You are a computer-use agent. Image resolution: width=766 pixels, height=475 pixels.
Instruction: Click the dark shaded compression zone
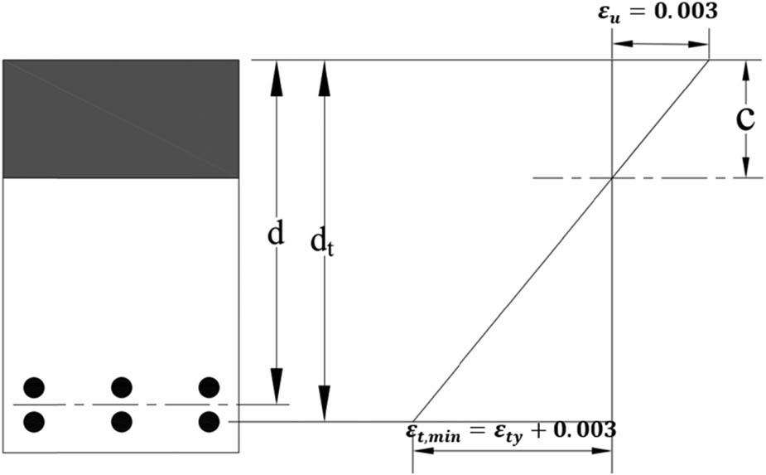[121, 119]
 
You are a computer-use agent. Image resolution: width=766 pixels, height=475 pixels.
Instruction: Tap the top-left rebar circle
[34, 387]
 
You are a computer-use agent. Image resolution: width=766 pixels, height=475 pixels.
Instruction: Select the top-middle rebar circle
[122, 387]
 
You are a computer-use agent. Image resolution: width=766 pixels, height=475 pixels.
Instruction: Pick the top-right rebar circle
[209, 387]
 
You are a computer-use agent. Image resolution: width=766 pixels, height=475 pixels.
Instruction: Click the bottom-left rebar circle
[34, 422]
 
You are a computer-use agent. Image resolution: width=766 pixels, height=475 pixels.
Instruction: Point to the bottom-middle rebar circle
[122, 422]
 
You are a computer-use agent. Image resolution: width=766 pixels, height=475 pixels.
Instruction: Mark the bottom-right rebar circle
[209, 422]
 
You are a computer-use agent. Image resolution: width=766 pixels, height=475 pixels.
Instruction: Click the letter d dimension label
[276, 235]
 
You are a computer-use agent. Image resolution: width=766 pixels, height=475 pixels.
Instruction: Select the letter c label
[745, 119]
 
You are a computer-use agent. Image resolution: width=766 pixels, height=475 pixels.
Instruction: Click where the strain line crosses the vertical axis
[611, 177]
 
